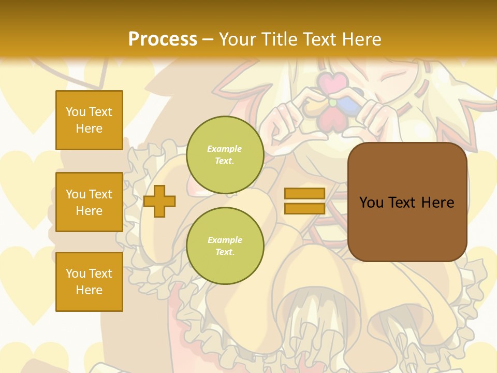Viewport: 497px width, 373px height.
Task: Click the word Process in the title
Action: [163, 39]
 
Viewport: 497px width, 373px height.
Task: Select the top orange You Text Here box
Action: [89, 120]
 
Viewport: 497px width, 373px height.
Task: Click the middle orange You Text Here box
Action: [89, 202]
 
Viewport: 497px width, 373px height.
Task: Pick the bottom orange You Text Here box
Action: [89, 281]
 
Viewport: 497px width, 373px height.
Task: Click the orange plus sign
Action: [159, 201]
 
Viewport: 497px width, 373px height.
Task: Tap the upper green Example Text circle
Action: [225, 154]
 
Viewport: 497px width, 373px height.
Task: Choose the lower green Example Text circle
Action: [225, 246]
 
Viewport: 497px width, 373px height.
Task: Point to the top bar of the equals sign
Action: [304, 194]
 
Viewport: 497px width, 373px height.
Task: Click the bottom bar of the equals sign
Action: [304, 209]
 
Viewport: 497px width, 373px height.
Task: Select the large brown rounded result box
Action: [407, 202]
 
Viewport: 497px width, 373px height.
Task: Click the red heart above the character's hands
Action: [332, 82]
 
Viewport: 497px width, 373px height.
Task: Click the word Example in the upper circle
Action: [225, 149]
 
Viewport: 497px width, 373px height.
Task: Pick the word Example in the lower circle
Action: [225, 240]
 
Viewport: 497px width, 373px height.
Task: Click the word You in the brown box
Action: [371, 202]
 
